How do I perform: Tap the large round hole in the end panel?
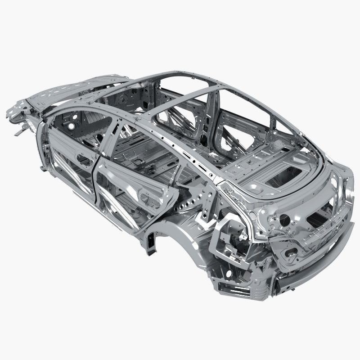tap(284, 220)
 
